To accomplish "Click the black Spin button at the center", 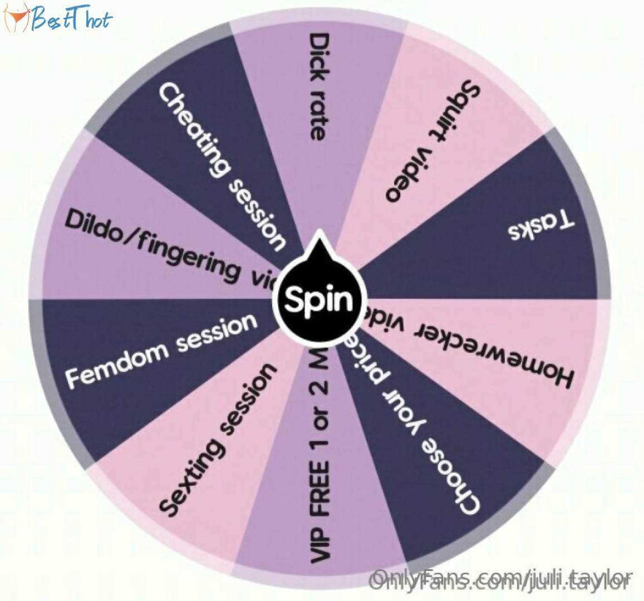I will [319, 300].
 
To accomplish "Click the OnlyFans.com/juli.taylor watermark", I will [502, 580].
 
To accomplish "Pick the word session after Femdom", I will [217, 333].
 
